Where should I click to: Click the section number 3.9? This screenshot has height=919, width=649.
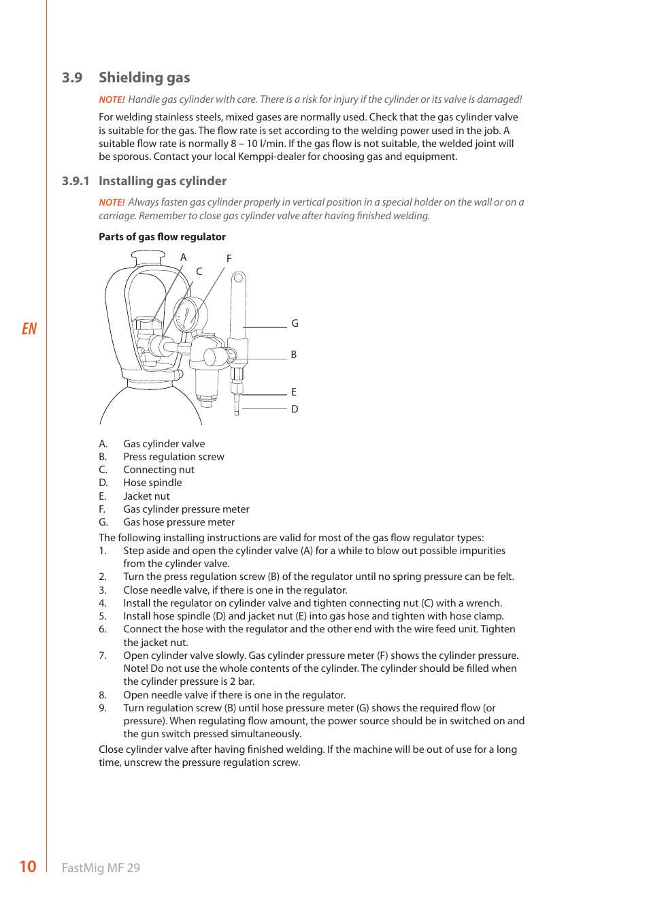(x=72, y=78)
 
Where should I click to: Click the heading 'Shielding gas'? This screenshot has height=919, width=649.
(x=144, y=78)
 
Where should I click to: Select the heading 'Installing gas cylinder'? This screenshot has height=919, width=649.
(x=162, y=181)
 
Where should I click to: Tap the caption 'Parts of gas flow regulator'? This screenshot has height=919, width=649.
(x=162, y=237)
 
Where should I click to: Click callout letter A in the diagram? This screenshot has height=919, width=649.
(x=183, y=257)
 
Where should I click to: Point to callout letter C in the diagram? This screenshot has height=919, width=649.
(x=199, y=271)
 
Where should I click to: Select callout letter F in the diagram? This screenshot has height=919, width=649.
(x=229, y=259)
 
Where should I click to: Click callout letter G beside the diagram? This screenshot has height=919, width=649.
(x=295, y=323)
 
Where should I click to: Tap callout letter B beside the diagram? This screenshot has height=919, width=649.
(x=294, y=355)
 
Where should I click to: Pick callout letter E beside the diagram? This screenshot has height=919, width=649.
(x=294, y=392)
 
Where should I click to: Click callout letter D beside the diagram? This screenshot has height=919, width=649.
(x=295, y=409)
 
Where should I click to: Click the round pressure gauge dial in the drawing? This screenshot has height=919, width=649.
(x=186, y=315)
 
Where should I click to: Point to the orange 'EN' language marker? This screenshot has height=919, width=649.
(x=29, y=329)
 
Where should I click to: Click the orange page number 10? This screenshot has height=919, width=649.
(x=28, y=867)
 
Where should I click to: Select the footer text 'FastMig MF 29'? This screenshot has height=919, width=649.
(x=101, y=868)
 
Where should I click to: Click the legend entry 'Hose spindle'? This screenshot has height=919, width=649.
(x=152, y=483)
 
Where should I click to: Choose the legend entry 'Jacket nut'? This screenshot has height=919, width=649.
(x=146, y=496)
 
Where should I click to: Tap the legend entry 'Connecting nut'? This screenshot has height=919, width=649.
(x=159, y=470)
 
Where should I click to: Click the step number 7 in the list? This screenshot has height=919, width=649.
(x=102, y=656)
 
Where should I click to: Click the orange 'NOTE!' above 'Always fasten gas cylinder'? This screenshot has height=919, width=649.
(x=112, y=202)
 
